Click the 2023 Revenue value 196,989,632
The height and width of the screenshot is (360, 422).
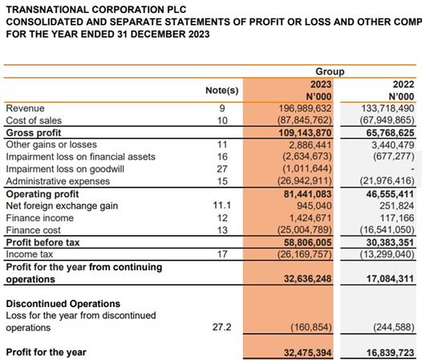pos(305,108)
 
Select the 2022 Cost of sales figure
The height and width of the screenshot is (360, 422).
pos(388,120)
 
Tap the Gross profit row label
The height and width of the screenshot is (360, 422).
pos(34,132)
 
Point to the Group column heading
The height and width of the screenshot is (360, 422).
pos(330,71)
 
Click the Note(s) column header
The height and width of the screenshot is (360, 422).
pos(221,91)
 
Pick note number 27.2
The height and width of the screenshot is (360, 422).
pos(221,327)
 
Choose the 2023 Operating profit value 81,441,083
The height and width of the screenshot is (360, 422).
pos(307,194)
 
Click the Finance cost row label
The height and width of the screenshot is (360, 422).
pos(33,230)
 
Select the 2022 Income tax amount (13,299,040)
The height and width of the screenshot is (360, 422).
pos(388,254)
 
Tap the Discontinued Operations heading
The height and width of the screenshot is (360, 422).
pos(63,304)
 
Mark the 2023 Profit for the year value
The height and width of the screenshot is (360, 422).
pos(307,353)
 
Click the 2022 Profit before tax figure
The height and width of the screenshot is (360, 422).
pos(390,243)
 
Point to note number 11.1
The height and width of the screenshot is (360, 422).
pos(221,205)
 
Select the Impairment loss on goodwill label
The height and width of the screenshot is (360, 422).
pos(65,169)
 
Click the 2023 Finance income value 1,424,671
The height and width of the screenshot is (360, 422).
pos(310,218)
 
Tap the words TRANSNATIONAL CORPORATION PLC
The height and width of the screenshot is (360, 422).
pos(96,10)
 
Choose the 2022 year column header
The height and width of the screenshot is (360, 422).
pos(404,84)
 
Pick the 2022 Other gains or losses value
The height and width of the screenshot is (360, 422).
pos(393,145)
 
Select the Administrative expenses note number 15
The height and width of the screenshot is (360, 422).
pos(222,181)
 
